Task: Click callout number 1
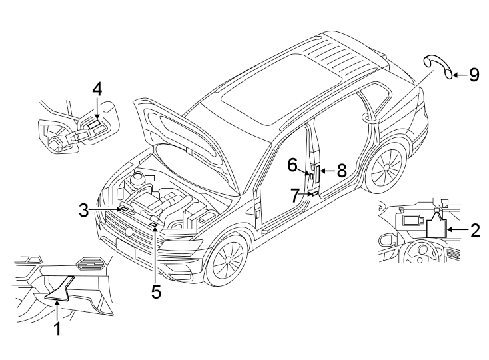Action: pyautogui.click(x=57, y=328)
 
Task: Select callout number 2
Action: pyautogui.click(x=474, y=231)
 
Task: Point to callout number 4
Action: pyautogui.click(x=97, y=89)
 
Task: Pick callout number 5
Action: pyautogui.click(x=156, y=291)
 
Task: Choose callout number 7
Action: pyautogui.click(x=295, y=195)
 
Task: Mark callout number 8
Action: pyautogui.click(x=341, y=171)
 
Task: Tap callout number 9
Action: pyautogui.click(x=474, y=74)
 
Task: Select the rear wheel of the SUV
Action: pyautogui.click(x=386, y=167)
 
